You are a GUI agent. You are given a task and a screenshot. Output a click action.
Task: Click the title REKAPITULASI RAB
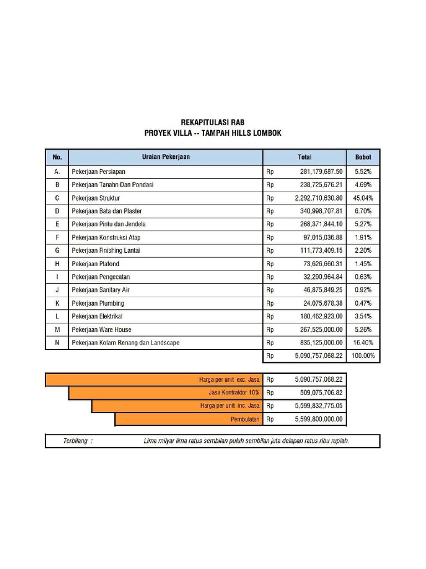pos(212,122)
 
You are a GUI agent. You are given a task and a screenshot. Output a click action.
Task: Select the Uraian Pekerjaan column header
pos(165,157)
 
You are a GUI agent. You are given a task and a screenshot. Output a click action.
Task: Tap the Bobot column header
pos(363,157)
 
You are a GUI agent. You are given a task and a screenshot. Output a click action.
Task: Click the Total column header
pos(305,157)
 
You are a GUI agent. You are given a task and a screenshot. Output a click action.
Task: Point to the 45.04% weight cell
pos(363,198)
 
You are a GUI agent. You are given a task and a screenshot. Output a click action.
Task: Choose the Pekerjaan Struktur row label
pos(96,198)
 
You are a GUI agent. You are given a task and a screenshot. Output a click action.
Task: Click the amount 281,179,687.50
pos(318,172)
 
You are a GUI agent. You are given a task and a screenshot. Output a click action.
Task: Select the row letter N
pos(57,343)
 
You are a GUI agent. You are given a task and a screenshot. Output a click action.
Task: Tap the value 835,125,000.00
pos(318,343)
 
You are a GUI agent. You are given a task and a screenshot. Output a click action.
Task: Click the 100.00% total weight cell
pos(363,356)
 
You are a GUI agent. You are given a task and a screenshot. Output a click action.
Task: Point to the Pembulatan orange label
pos(245,419)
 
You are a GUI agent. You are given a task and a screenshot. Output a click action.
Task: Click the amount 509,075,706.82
pos(318,393)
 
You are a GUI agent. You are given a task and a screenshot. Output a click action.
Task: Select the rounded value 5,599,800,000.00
pos(318,419)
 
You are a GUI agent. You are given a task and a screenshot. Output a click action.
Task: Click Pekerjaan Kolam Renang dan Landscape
pos(125,343)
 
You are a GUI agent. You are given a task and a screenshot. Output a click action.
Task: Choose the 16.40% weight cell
pos(363,343)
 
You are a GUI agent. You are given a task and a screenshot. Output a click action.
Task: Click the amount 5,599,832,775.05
pos(318,406)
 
